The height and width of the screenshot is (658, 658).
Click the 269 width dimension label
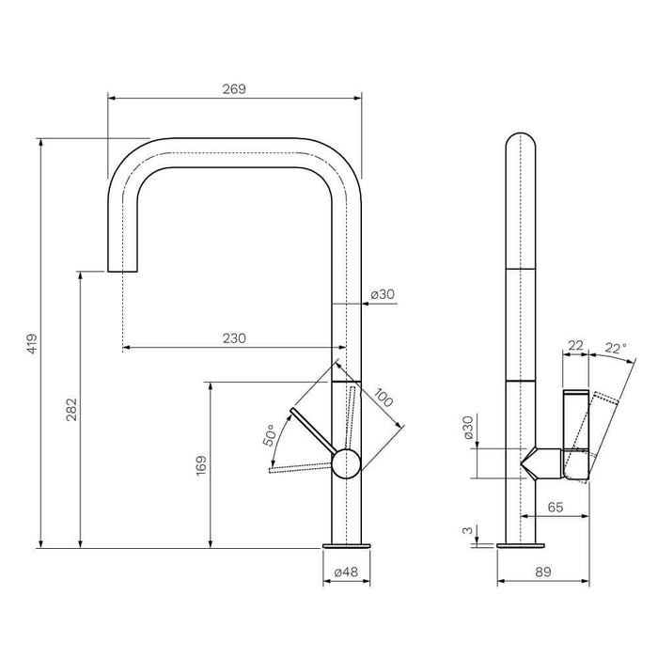(x=234, y=89)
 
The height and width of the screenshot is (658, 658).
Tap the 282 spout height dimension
(x=71, y=409)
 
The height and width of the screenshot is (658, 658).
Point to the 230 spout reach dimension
(x=234, y=339)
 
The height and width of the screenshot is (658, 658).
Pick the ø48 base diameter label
(x=345, y=572)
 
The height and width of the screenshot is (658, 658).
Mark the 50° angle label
(x=270, y=435)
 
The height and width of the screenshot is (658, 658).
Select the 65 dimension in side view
(x=555, y=506)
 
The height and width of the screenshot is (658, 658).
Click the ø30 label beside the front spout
(x=383, y=294)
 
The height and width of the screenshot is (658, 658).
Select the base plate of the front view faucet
(x=347, y=546)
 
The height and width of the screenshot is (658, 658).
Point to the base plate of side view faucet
(x=520, y=546)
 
